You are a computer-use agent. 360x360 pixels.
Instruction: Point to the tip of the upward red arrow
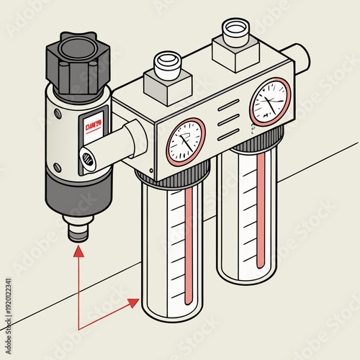point(77,247)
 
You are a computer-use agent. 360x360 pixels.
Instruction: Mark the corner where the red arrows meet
point(78,329)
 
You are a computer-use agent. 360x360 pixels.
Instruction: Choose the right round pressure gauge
point(270,100)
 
